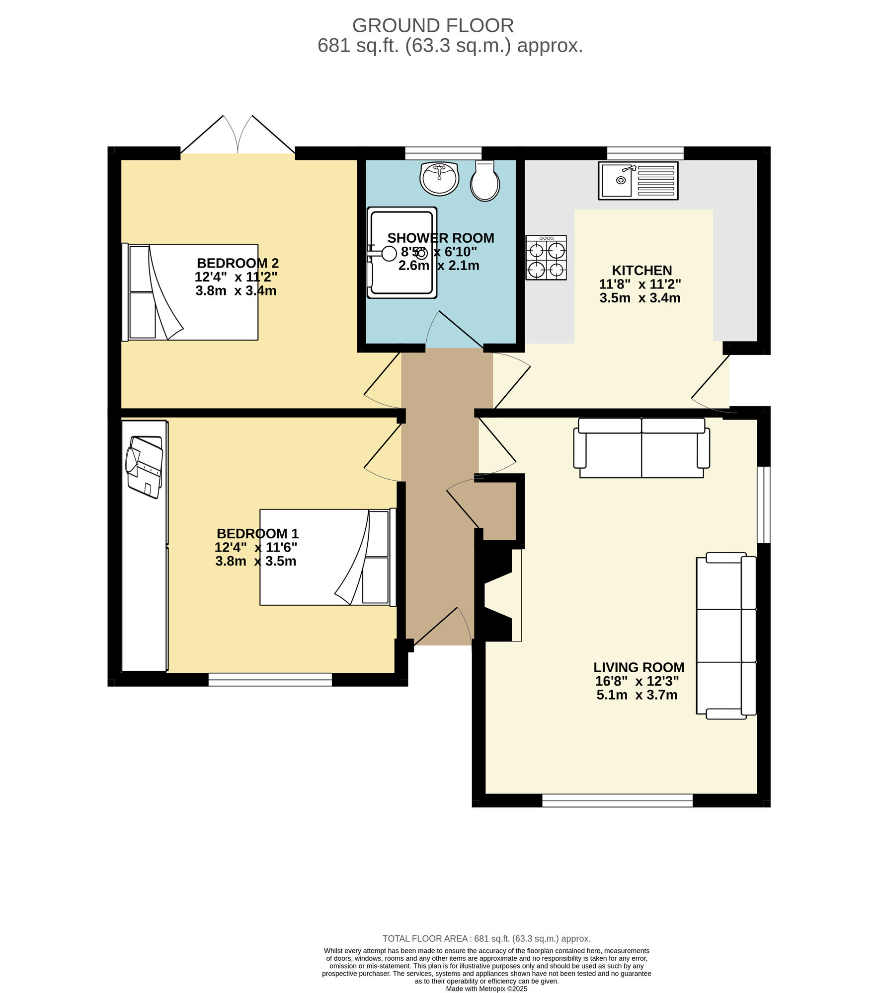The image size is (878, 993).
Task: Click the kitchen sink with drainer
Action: [638, 181]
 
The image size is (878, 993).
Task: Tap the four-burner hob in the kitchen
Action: [546, 257]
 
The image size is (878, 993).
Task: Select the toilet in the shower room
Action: [484, 181]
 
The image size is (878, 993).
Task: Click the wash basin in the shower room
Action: [439, 178]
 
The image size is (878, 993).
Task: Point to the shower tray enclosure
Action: [401, 252]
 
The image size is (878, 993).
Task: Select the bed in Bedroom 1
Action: [327, 557]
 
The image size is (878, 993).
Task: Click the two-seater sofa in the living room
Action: [641, 447]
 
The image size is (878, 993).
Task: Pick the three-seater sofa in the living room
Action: [726, 635]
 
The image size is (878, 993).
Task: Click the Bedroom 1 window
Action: [270, 679]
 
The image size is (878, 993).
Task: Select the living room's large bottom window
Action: [617, 800]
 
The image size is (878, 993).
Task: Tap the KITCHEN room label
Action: [641, 271]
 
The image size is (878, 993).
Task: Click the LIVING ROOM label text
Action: [639, 667]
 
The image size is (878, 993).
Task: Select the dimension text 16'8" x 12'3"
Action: [637, 681]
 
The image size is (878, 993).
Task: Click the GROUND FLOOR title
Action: [432, 25]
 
